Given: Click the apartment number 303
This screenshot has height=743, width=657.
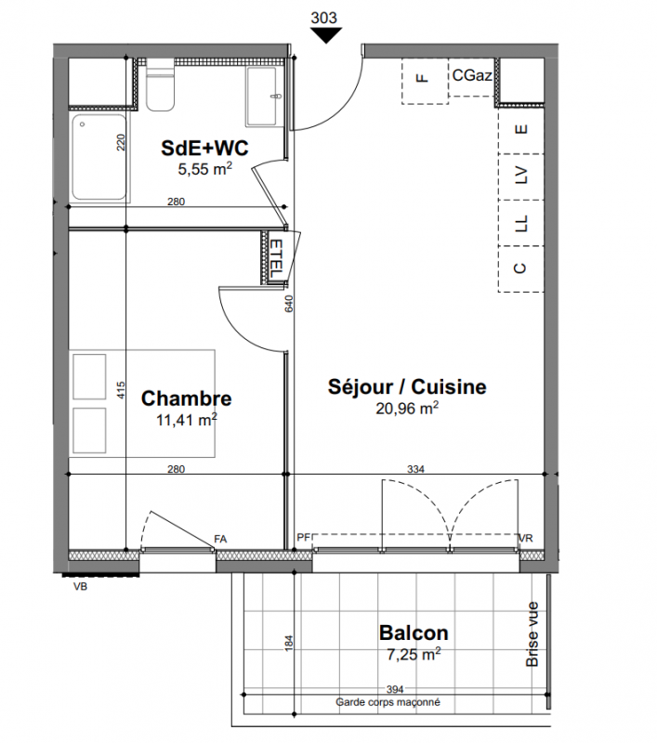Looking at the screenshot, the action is pos(323,18).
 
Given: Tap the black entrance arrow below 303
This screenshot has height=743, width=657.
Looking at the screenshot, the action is pos(326,35).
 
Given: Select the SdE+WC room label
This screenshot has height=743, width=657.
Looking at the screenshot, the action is pos(204,148).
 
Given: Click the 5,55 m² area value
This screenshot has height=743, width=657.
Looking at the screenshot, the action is pos(204,169).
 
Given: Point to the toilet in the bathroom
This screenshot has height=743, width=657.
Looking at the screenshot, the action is pos(160,85).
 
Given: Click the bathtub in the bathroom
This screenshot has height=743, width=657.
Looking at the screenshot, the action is pos(99,157).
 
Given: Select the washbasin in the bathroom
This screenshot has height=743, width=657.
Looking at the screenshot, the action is pos(261,97).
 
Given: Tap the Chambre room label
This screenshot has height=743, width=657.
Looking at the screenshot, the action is pos(186,398).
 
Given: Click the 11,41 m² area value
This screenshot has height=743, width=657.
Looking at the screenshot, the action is pos(186,420).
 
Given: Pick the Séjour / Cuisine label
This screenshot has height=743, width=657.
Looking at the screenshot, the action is pos(407,386).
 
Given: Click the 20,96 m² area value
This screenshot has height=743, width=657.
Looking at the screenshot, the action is pos(407,408).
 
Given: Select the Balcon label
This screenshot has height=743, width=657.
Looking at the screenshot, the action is pos(414,633).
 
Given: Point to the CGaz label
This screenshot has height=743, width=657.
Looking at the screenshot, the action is pos(472,75).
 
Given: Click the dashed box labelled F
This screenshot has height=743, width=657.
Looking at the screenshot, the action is pos(425,81).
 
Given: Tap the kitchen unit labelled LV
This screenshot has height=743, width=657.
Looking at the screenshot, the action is pos(520,176).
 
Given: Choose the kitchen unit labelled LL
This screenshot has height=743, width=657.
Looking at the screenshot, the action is pos(520,223).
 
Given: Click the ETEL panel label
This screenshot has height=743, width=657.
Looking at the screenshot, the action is pos(276,258).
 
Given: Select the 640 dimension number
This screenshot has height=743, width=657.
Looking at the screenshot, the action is pos(289,304).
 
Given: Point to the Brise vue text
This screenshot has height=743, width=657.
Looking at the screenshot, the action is pos(532,634).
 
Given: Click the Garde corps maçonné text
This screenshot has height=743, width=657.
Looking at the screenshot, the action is pos(388,702).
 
